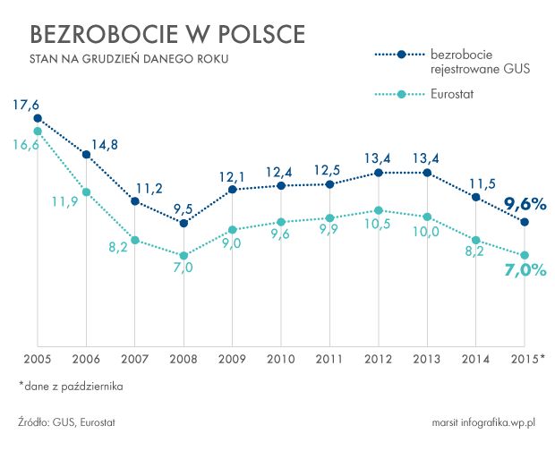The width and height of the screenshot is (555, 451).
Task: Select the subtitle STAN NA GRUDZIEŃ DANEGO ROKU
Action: pyautogui.click(x=129, y=60)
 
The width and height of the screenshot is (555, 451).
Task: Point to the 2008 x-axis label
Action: pyautogui.click(x=183, y=359)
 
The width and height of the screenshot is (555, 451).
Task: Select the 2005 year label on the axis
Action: pyautogui.click(x=37, y=359)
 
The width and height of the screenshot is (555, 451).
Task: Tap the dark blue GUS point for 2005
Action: pyautogui.click(x=37, y=117)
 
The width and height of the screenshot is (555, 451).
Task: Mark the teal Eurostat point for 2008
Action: pyautogui.click(x=184, y=255)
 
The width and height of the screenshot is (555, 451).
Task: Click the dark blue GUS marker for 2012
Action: pyautogui.click(x=378, y=173)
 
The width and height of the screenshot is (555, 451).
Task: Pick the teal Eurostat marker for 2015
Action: pyautogui.click(x=525, y=255)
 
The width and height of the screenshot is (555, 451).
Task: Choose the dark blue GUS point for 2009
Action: pyautogui.click(x=232, y=189)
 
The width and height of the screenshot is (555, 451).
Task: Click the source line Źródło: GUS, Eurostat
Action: pyautogui.click(x=67, y=421)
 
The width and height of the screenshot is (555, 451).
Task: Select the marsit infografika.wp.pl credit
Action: pyautogui.click(x=482, y=421)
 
